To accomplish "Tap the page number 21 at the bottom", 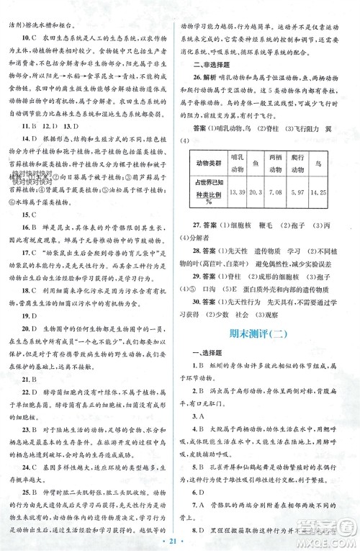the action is pos(180,539).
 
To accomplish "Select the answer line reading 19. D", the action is pos(27,315).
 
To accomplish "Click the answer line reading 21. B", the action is pos(27,380).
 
